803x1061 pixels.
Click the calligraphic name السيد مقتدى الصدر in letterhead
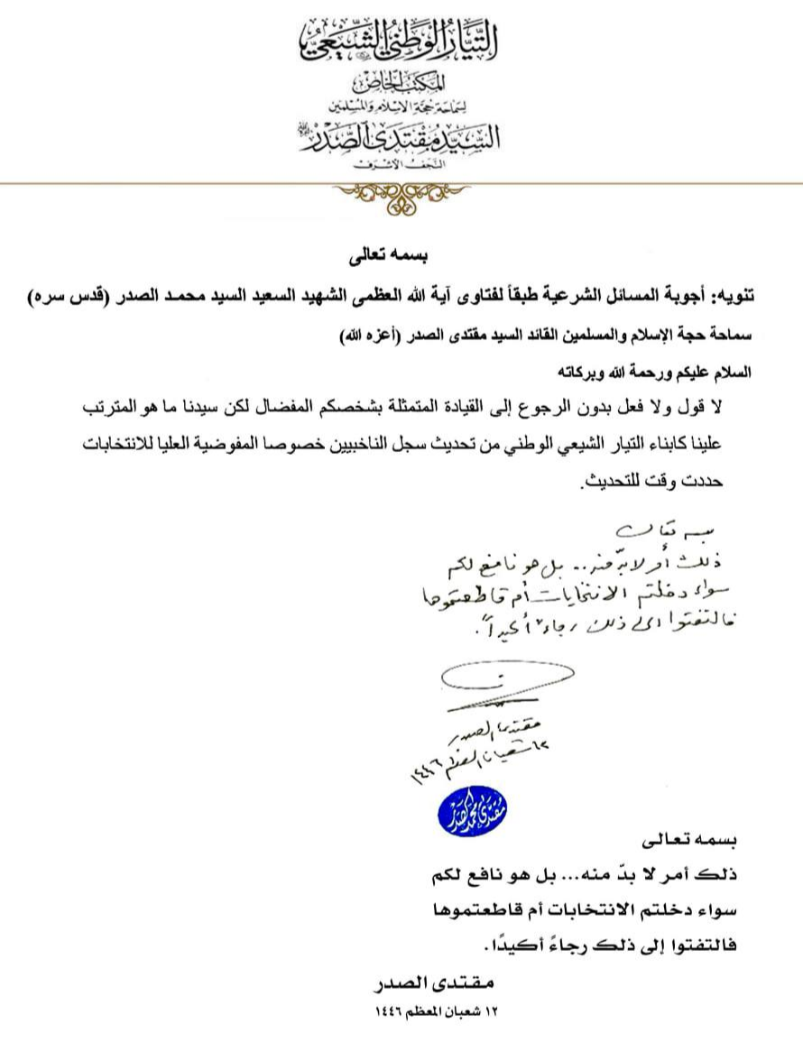tap(401, 138)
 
